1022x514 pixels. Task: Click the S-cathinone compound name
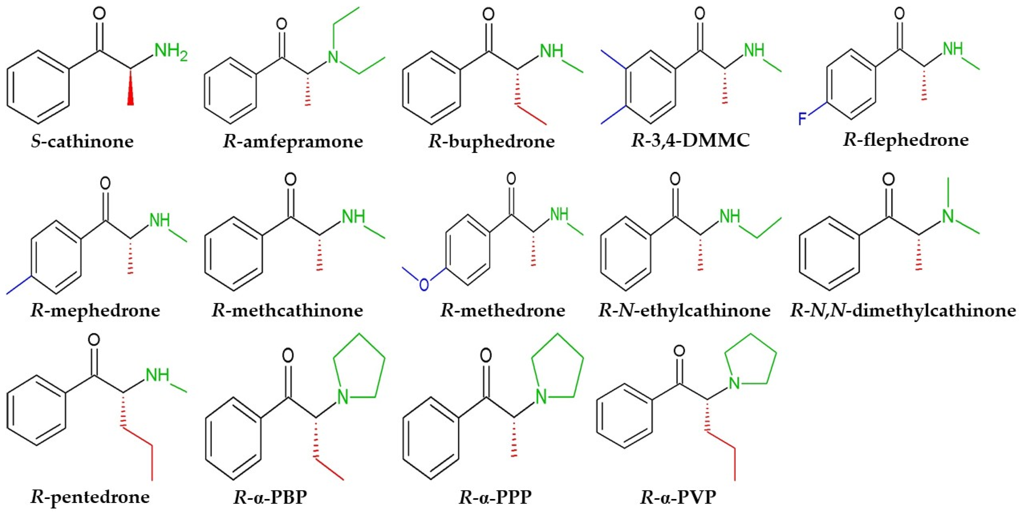coord(82,141)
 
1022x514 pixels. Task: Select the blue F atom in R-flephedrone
coord(802,118)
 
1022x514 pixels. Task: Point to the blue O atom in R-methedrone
coord(424,284)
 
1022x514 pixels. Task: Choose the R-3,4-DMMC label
coord(690,140)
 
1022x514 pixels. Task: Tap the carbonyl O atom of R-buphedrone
coord(488,15)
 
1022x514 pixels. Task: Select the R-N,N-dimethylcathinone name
coord(903,310)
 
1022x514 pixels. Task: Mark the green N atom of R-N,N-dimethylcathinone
coord(948,216)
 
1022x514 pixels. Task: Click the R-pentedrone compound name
coord(90,497)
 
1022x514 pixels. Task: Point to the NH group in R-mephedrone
coord(160,221)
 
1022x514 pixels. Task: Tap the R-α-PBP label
coord(270,497)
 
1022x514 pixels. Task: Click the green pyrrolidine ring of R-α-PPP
coord(558,365)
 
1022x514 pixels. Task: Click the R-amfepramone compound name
coord(293,141)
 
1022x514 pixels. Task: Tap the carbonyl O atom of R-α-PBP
coord(288,356)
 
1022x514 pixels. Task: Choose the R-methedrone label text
coord(503,310)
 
